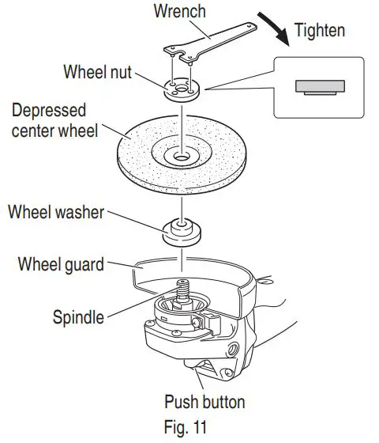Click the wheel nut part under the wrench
[184, 89]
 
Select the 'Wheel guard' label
[61, 263]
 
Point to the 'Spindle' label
[78, 317]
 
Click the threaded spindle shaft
[183, 289]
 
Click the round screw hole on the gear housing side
[233, 348]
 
